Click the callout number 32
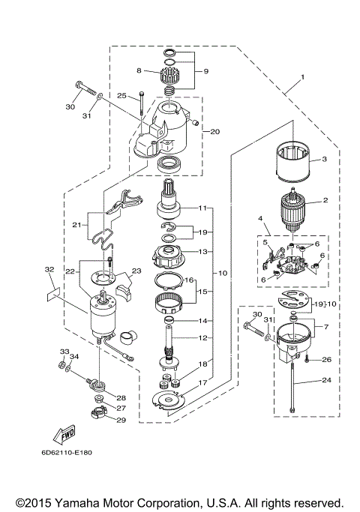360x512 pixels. pyautogui.click(x=49, y=268)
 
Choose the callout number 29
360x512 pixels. pyautogui.click(x=121, y=421)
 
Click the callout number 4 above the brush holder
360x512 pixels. pyautogui.click(x=260, y=220)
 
